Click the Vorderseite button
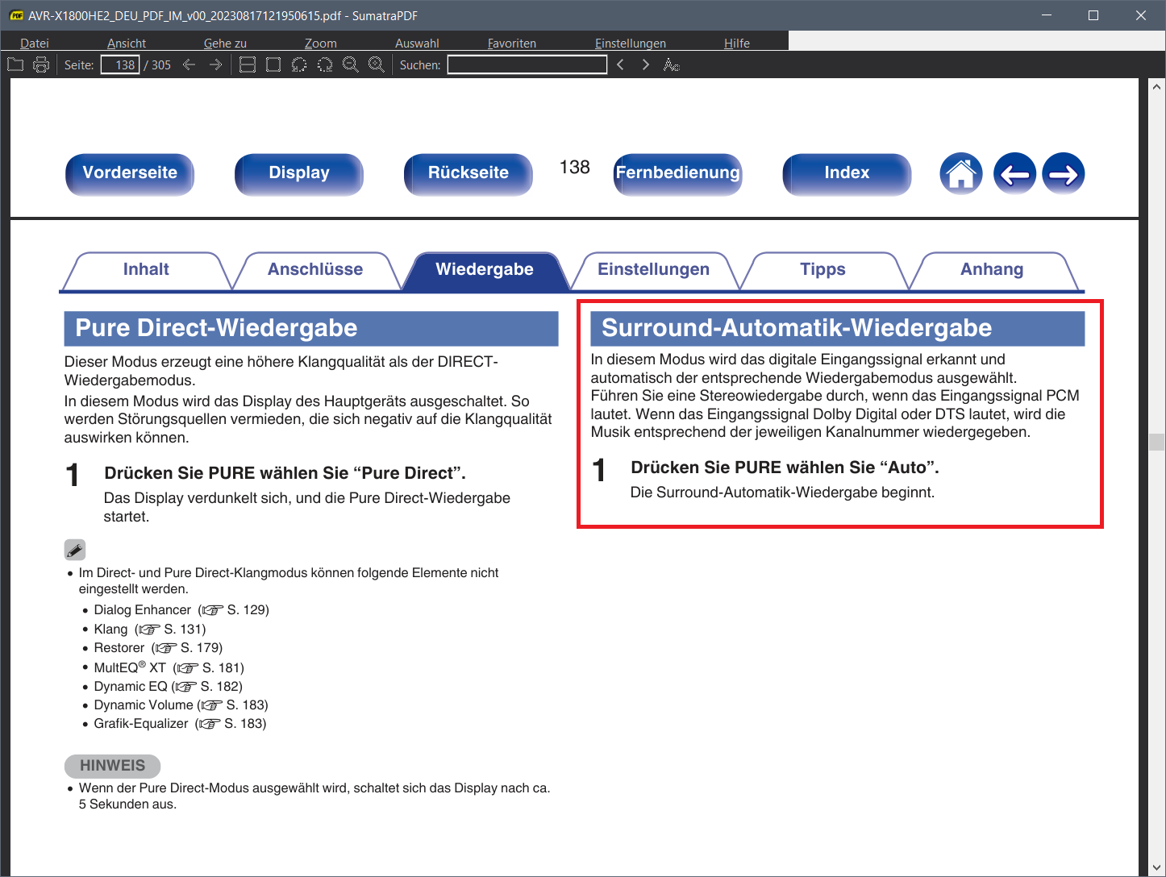coord(130,173)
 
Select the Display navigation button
coord(299,173)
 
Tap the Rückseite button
coord(468,173)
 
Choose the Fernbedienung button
coord(677,173)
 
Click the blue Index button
coord(847,173)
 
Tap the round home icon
coord(961,173)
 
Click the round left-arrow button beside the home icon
coord(1014,173)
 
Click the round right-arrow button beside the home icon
coord(1064,173)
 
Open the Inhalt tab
coord(146,270)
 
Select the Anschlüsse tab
coord(315,270)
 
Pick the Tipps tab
coord(822,270)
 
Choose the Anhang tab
coord(992,270)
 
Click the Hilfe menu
coord(737,43)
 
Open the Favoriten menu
coord(511,43)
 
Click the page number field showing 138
coord(120,64)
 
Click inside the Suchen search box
coord(527,64)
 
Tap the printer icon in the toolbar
coord(41,64)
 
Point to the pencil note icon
coord(75,550)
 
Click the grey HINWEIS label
coord(112,766)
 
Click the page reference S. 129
coord(248,610)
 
